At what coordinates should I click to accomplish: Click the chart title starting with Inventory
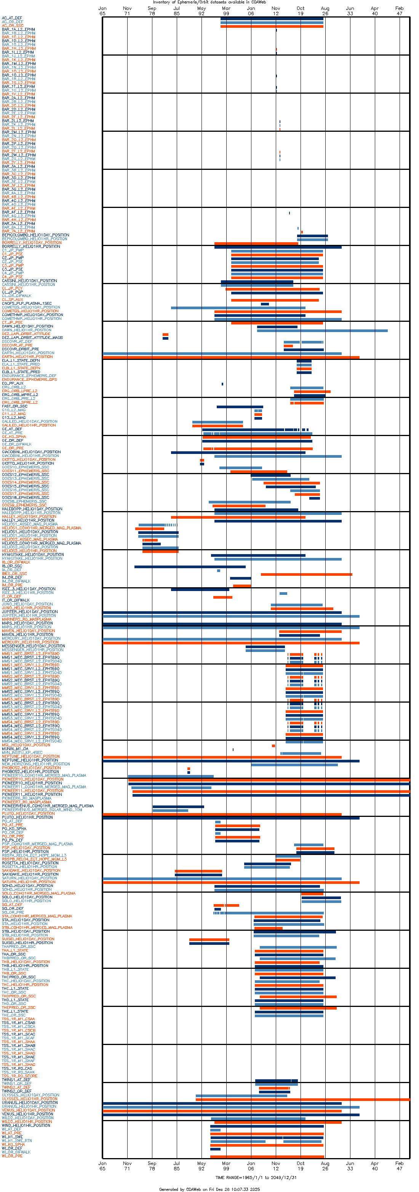[209, 2]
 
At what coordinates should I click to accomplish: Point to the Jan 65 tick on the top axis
[102, 11]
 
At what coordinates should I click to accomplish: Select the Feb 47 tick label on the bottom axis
[399, 1166]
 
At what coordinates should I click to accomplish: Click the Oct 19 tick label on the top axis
[301, 11]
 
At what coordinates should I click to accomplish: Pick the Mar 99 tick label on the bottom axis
[226, 1166]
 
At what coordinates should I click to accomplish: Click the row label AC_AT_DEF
[12, 18]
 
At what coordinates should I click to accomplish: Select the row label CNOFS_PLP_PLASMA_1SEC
[27, 304]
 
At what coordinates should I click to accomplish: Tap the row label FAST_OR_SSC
[15, 406]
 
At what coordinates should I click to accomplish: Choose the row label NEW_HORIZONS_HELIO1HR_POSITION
[36, 764]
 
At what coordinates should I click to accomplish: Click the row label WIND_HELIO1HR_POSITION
[26, 1125]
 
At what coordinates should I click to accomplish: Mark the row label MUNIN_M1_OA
[15, 749]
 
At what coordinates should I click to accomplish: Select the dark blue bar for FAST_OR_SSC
[240, 407]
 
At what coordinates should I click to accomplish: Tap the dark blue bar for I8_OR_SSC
[190, 566]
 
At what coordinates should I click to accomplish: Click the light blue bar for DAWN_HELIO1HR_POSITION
[322, 331]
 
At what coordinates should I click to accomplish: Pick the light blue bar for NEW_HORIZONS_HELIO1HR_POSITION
[294, 765]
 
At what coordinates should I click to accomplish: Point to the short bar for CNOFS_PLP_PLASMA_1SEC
[265, 304]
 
